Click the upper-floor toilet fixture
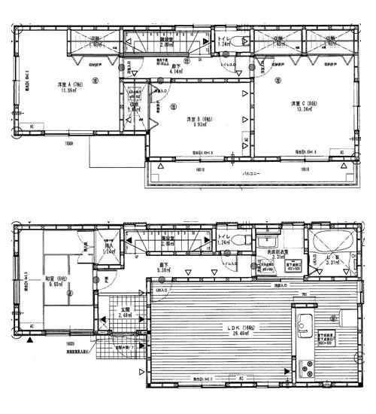[239, 41]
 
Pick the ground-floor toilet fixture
[240, 240]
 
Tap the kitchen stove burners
[307, 369]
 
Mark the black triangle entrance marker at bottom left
[29, 340]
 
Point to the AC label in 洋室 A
[32, 126]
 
